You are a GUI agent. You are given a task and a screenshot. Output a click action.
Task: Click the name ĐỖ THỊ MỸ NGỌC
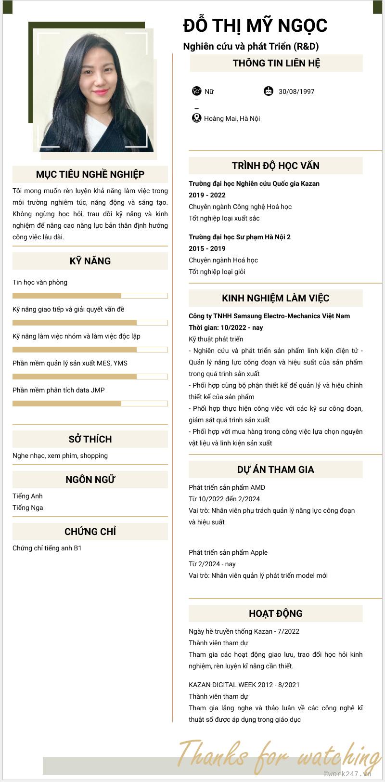255,26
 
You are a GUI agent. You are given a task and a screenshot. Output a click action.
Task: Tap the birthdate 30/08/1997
296,91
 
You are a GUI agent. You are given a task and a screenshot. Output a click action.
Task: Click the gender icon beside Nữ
196,91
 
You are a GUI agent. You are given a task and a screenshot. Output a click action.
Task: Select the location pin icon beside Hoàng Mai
196,118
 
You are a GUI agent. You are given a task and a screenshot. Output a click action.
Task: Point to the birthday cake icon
269,91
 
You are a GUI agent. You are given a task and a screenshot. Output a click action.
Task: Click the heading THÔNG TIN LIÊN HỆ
276,63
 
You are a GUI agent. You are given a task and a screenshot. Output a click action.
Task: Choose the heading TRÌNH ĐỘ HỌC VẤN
275,166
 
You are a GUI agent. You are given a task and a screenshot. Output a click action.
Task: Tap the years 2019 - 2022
207,195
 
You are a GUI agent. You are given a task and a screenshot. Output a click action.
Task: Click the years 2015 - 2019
207,248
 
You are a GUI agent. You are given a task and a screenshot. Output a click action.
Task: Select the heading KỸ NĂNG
90,261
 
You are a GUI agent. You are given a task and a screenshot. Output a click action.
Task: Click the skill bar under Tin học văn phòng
90,296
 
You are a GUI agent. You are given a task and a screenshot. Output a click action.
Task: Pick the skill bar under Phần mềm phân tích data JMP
90,404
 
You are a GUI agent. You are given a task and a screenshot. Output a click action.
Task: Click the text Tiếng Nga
28,508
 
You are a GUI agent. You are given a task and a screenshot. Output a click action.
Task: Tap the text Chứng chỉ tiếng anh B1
47,548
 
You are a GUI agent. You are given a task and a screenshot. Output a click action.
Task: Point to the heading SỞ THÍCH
90,439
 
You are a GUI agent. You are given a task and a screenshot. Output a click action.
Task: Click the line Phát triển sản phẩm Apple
228,552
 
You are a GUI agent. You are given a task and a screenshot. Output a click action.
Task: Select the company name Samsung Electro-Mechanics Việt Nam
269,316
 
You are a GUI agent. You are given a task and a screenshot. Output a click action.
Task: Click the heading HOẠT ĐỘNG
275,613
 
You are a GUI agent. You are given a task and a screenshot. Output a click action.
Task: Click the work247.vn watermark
347,773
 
